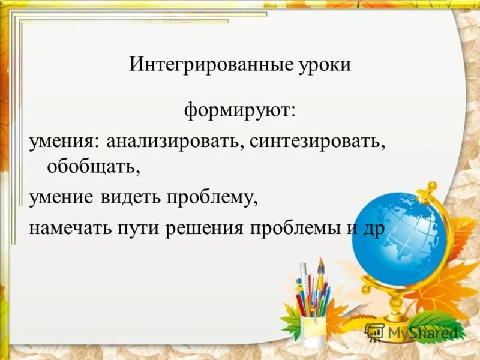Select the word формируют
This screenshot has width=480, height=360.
[238, 111]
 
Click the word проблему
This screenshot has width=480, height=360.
[213, 197]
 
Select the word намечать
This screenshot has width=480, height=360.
[69, 229]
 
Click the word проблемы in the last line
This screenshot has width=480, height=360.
[292, 229]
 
